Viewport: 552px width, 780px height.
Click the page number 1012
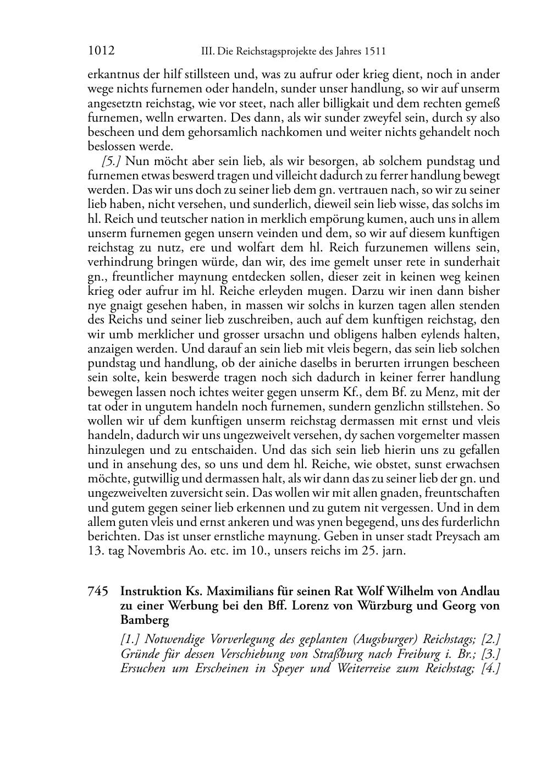tap(101, 51)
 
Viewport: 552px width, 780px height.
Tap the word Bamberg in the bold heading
tap(145, 620)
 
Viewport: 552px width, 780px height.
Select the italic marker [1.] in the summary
tap(131, 640)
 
